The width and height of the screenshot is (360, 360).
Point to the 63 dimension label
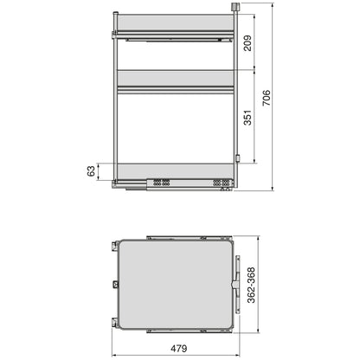[x=92, y=172]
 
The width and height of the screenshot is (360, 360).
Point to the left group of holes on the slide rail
[x=161, y=182]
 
